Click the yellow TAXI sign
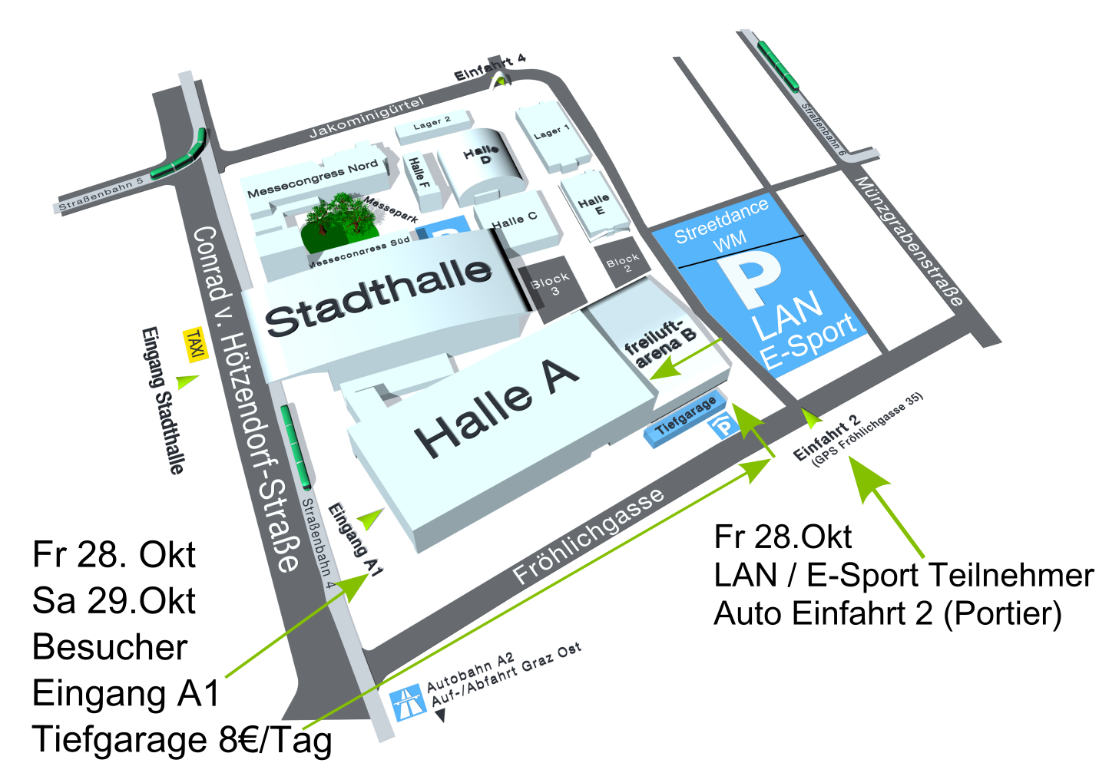195,345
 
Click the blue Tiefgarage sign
685,418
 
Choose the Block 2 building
622,263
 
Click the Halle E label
594,205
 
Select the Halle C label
515,220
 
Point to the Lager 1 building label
551,133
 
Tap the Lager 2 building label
432,123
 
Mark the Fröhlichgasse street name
588,536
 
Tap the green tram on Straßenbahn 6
778,64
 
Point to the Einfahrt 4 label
489,67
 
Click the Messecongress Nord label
312,180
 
